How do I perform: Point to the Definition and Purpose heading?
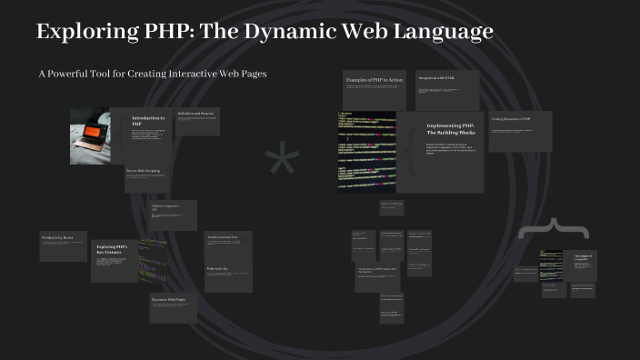[x=198, y=115]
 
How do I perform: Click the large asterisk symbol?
[x=281, y=163]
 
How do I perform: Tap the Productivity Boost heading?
[x=56, y=237]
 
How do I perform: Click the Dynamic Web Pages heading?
[x=170, y=299]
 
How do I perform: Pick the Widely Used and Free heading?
[x=223, y=237]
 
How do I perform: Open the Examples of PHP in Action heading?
[x=374, y=81]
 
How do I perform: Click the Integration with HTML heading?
[x=435, y=79]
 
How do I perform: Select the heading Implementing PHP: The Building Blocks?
[x=450, y=129]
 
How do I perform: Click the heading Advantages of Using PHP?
[x=582, y=258]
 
